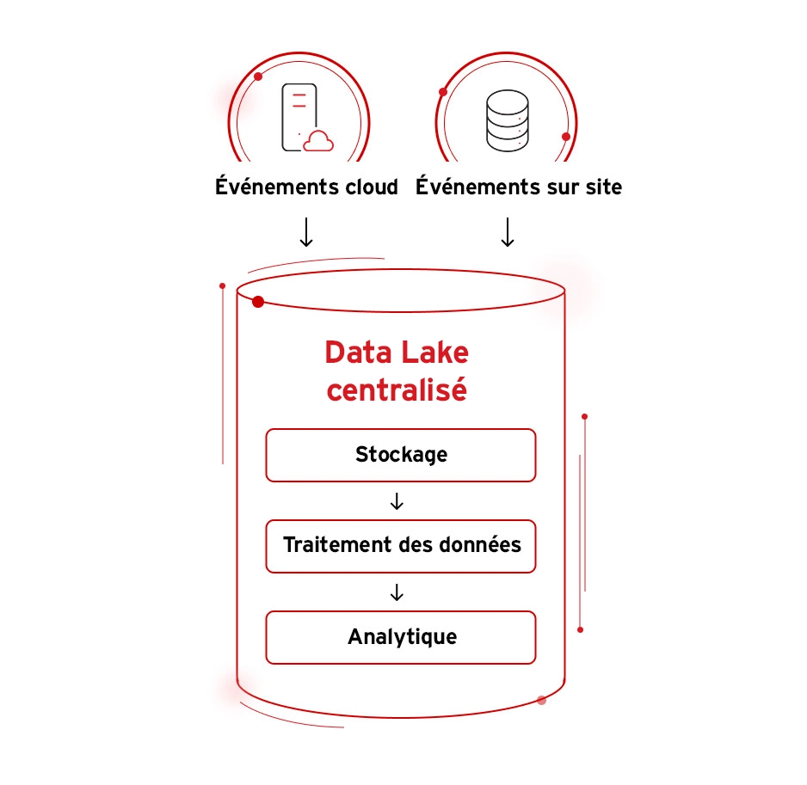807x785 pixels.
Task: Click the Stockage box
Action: tap(401, 455)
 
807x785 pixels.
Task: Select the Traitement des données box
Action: tap(401, 546)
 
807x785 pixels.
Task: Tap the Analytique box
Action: tap(401, 637)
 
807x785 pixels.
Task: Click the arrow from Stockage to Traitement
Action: tap(397, 501)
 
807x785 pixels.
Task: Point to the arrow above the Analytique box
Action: tap(397, 592)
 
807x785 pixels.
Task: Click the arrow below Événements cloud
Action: tap(306, 232)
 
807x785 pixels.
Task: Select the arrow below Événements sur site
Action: tap(508, 232)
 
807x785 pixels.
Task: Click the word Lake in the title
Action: tap(434, 353)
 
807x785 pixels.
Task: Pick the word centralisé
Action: tap(397, 389)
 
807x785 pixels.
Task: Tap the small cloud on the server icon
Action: tap(318, 141)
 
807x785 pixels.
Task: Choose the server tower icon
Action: tap(295, 116)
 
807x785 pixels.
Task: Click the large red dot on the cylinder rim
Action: tap(258, 301)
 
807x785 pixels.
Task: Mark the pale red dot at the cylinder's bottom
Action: tap(541, 700)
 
